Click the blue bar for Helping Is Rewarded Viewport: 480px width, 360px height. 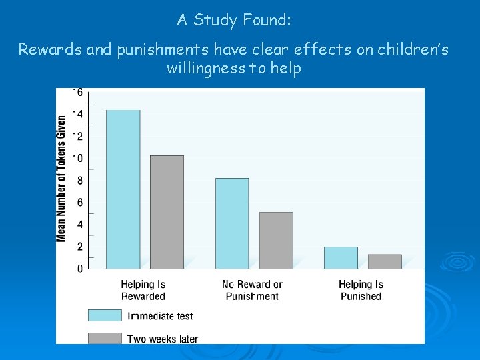pos(123,189)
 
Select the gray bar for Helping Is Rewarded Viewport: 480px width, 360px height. pos(167,212)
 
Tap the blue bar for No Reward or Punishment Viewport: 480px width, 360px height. pos(232,223)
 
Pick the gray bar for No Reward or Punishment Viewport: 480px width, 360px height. pos(275,240)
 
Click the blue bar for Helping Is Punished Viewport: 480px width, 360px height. pos(341,257)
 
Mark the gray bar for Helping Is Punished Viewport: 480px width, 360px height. pos(385,261)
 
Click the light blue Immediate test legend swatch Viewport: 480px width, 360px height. pos(105,315)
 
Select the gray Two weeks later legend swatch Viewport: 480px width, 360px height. pos(105,338)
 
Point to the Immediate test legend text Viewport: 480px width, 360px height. pos(160,315)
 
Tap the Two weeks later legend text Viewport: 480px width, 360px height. pos(163,339)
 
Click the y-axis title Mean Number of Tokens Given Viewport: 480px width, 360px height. pos(61,179)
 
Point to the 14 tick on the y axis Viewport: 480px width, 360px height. pos(77,114)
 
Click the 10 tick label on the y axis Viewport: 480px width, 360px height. pos(77,158)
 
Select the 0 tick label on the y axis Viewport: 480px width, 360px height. pos(80,269)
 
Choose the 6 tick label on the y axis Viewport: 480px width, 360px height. pos(80,202)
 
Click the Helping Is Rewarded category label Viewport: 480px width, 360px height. pos(143,290)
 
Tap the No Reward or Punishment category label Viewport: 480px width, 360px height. pos(252,290)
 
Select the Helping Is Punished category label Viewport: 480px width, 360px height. pos(361,290)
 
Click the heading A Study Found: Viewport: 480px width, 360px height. pos(234,20)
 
